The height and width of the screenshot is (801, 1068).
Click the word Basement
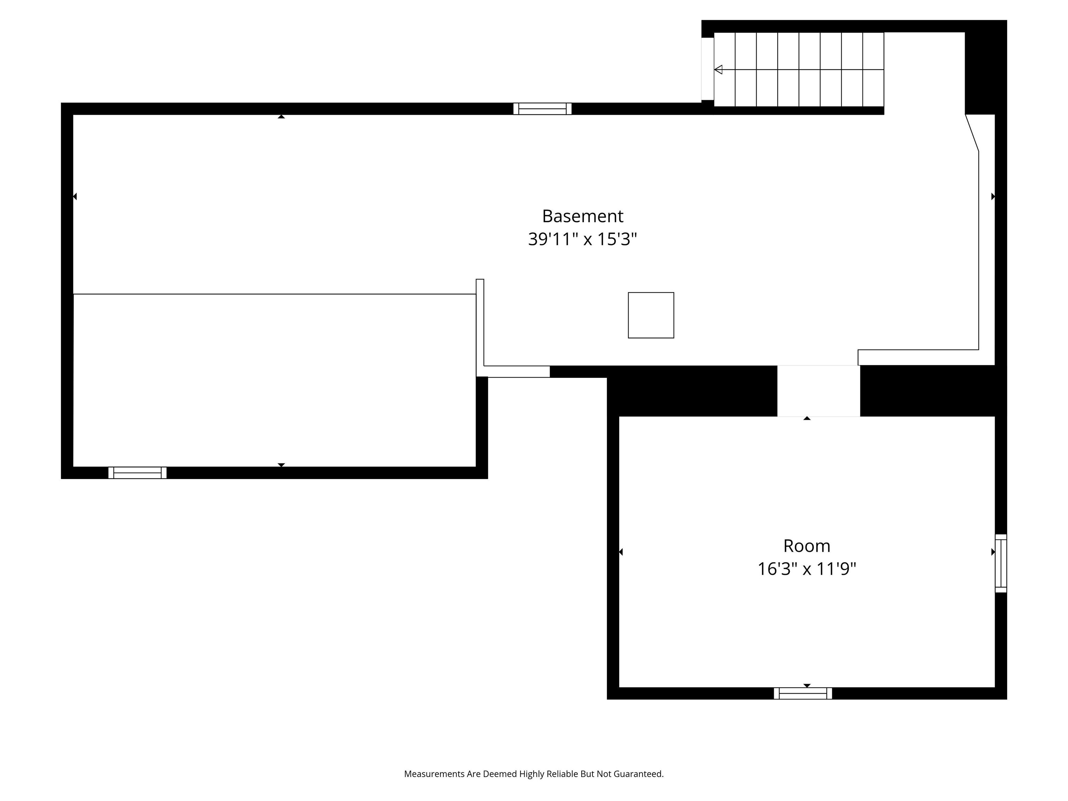(582, 216)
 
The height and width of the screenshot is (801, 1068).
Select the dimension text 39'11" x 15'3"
(582, 239)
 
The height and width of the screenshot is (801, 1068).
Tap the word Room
(806, 546)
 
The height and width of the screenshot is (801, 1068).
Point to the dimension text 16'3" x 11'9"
(806, 569)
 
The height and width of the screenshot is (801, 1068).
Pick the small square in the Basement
(651, 315)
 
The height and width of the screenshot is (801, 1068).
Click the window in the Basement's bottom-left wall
(138, 473)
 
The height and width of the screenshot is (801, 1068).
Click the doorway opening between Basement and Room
(818, 391)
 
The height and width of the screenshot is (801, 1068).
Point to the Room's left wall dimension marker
(621, 552)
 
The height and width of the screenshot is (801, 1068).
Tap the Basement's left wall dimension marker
(75, 196)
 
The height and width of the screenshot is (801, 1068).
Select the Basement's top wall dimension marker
(281, 116)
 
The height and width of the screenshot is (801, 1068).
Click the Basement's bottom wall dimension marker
(281, 465)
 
